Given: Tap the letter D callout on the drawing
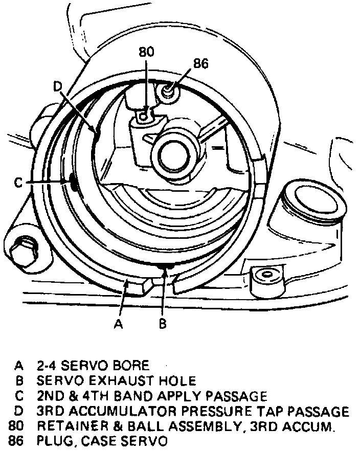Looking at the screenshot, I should tap(58, 87).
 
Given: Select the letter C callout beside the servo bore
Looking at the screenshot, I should tap(18, 183).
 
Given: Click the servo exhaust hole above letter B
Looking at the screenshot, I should tap(165, 266).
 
